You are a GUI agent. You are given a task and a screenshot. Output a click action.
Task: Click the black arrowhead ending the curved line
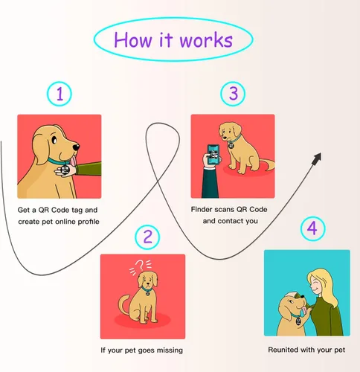(x=318, y=156)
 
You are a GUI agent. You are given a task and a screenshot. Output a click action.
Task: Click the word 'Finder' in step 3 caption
(x=205, y=210)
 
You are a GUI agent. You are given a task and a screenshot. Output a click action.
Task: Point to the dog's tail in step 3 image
(x=265, y=164)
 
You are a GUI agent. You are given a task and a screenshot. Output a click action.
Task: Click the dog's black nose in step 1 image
(x=93, y=144)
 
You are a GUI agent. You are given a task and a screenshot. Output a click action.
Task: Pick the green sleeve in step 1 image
(x=89, y=168)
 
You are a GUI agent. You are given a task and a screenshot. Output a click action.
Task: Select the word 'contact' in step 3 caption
(x=233, y=222)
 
